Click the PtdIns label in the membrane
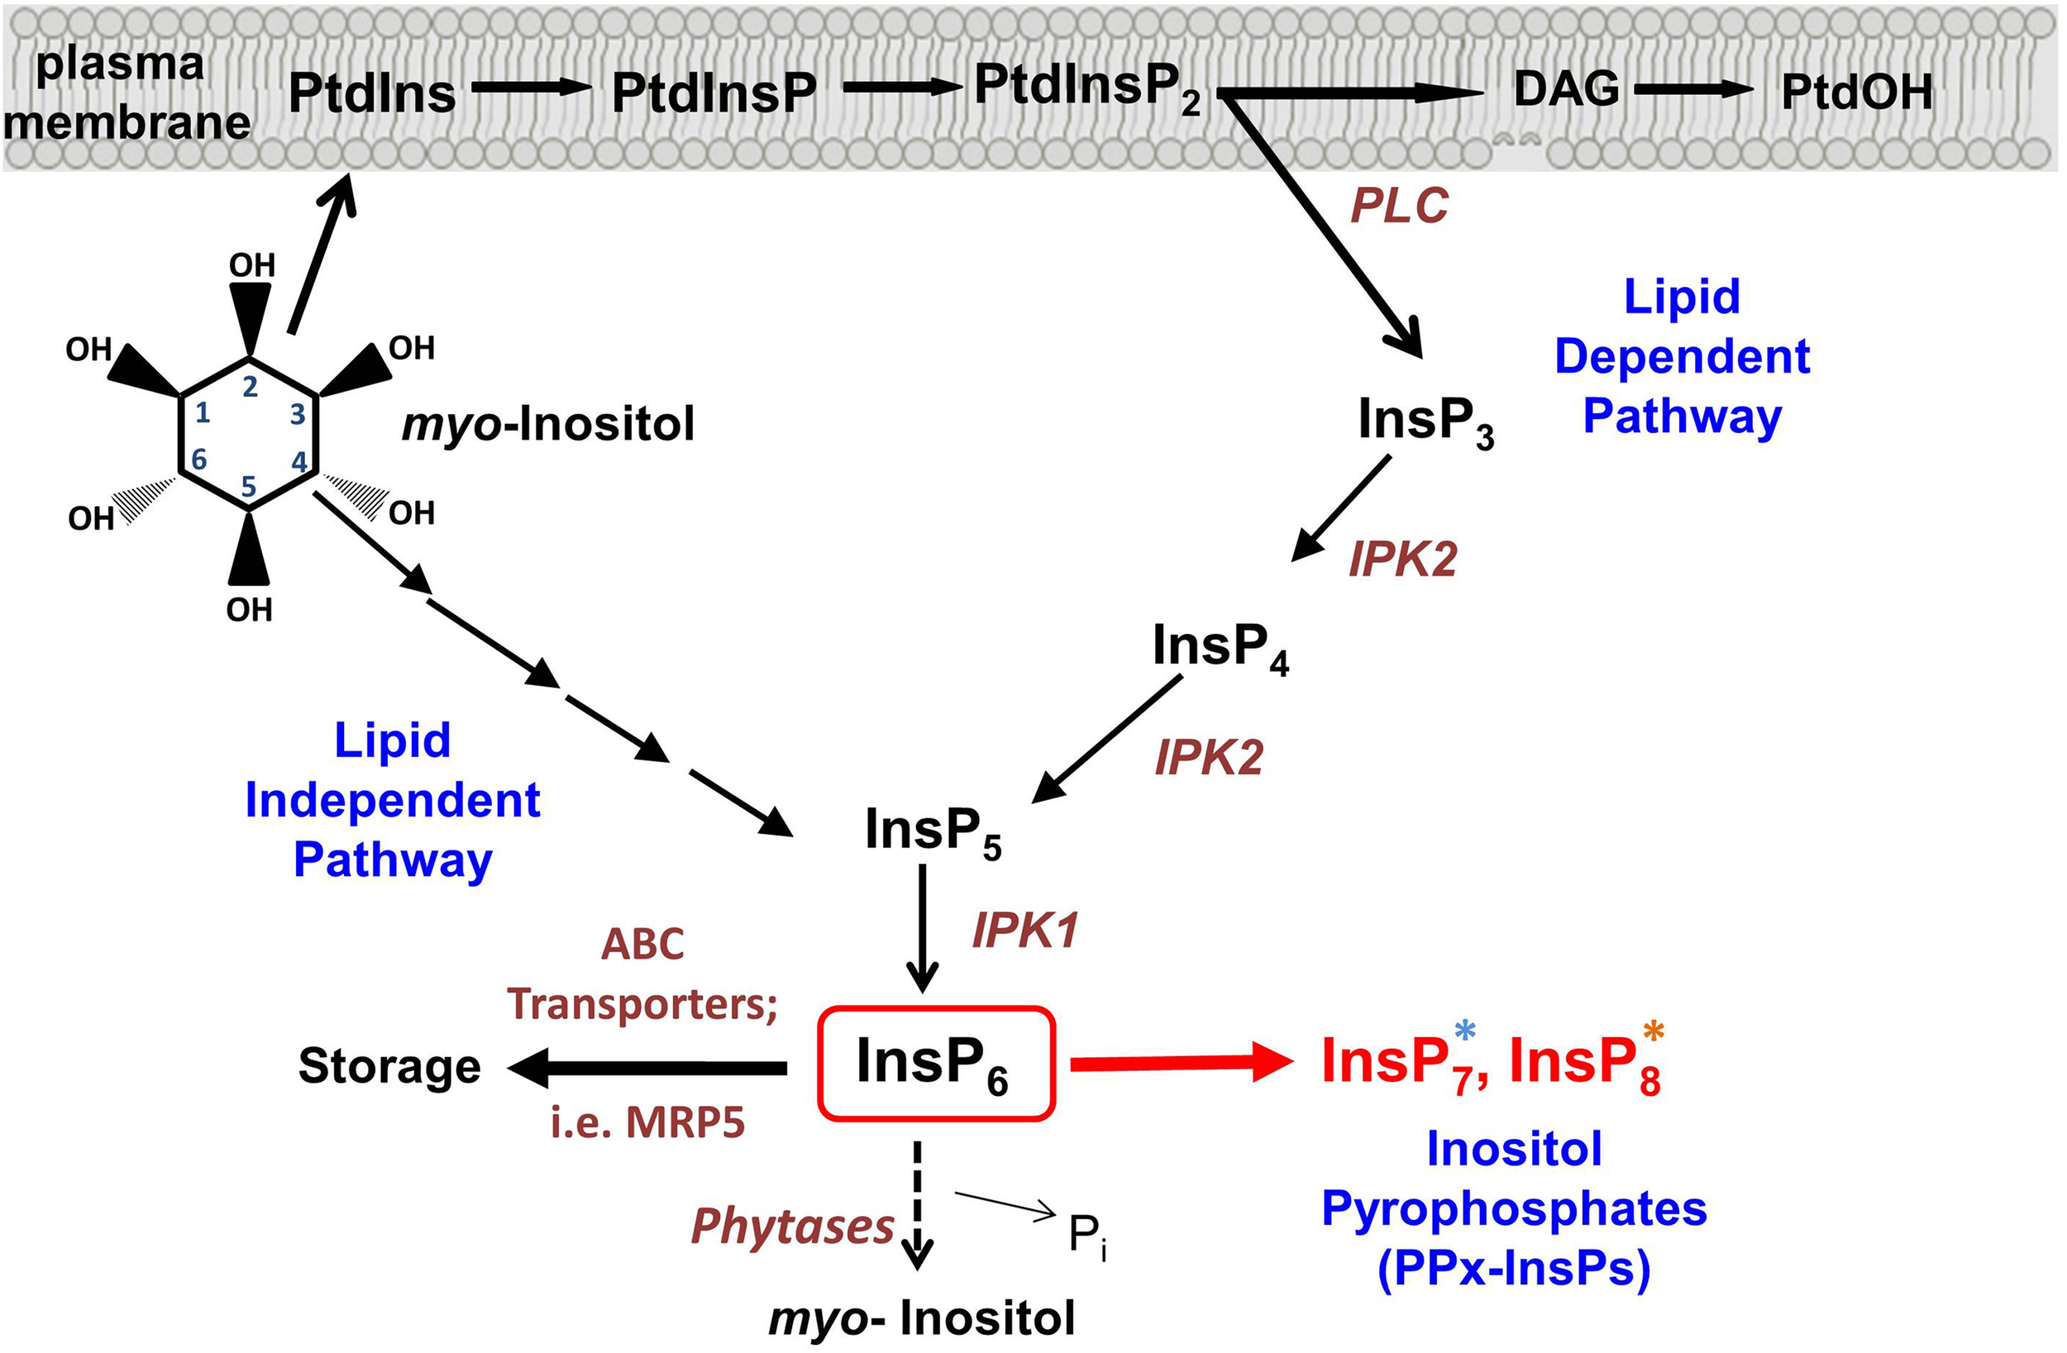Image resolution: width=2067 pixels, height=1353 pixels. tap(372, 93)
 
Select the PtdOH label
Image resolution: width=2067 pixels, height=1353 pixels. tap(1857, 91)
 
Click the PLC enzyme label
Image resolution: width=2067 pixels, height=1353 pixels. tap(1399, 206)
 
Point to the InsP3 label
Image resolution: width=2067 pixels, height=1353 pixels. tap(1425, 422)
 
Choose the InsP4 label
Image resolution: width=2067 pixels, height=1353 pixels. tap(1219, 646)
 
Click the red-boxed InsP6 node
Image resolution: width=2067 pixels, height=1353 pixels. tap(936, 1063)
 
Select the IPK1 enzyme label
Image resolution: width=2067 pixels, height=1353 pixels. tap(1024, 931)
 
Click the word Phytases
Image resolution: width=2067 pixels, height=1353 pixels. tap(792, 1227)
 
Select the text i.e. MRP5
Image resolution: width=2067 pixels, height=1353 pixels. tap(647, 1122)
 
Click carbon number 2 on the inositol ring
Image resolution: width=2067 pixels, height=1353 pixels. tap(251, 387)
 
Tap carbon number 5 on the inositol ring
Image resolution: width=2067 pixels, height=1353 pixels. tap(248, 486)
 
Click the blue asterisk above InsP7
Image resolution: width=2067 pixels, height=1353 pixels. tap(1464, 1031)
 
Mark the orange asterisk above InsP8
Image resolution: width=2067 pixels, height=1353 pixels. tap(1654, 1031)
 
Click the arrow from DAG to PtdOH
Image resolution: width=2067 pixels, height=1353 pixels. tap(1693, 88)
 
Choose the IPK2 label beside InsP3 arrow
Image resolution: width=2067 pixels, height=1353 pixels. tap(1402, 559)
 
